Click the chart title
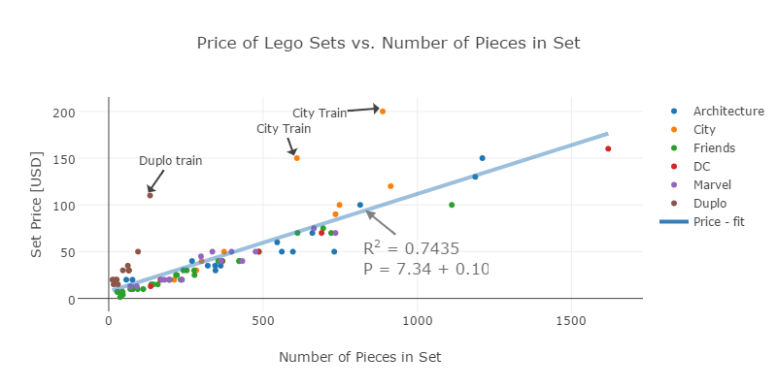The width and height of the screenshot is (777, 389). [x=388, y=44]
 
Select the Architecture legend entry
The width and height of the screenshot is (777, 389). [x=729, y=112]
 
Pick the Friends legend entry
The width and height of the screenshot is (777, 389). [x=714, y=148]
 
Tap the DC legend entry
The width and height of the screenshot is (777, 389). [x=702, y=167]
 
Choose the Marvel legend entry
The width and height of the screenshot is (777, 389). [x=712, y=184]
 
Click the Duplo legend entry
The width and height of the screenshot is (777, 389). [x=710, y=203]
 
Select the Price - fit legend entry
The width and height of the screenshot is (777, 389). [x=719, y=221]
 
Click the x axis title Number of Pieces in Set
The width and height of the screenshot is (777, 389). [x=360, y=358]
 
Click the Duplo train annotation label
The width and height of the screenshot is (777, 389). [x=171, y=161]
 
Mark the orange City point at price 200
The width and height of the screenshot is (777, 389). [x=383, y=112]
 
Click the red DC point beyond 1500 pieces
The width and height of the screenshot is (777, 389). [x=608, y=148]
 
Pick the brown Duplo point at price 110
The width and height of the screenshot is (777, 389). [x=150, y=196]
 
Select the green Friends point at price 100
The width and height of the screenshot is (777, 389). [x=452, y=205]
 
